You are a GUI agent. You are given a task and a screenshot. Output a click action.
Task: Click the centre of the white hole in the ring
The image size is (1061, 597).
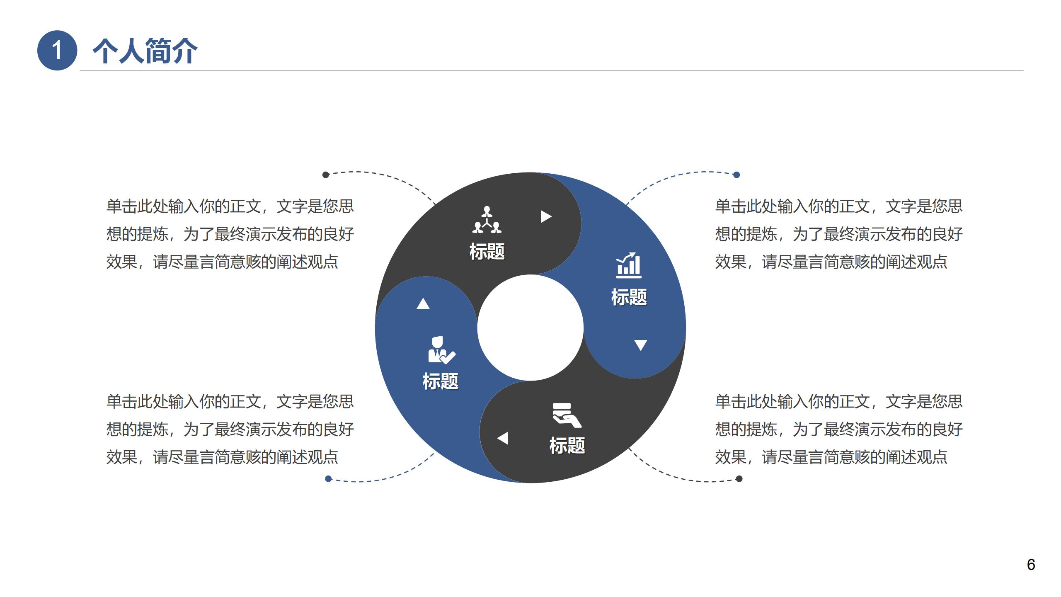pos(530,328)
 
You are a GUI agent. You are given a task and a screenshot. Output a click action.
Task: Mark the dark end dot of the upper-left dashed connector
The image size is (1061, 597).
pos(326,175)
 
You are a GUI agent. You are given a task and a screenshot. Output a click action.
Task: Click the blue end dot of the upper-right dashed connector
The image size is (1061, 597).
pos(736,175)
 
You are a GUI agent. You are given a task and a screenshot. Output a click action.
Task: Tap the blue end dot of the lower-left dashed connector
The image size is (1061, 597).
pos(329,479)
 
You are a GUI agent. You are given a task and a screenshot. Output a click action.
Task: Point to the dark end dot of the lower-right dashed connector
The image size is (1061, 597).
pos(739,479)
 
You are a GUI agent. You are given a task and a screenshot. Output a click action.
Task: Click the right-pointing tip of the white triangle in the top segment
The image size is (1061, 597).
pos(552,216)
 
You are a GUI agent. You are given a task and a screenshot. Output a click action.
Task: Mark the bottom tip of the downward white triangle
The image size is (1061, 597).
pos(641,351)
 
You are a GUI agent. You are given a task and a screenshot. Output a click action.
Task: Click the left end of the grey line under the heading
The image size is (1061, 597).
pos(80,70)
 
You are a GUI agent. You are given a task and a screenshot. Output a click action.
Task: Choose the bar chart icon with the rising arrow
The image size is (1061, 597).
pos(629,265)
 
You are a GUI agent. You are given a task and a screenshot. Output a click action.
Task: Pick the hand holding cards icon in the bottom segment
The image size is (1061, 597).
pos(567,415)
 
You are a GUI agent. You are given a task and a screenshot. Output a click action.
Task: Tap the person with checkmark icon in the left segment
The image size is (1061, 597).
pos(441,350)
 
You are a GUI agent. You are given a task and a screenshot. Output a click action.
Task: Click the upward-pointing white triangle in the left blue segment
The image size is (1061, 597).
pos(423,303)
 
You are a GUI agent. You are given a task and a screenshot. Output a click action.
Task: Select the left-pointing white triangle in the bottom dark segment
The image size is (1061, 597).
pos(503,438)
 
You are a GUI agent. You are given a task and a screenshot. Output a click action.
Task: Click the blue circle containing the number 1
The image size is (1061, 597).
pos(57,51)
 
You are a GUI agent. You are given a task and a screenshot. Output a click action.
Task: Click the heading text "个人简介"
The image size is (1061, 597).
pos(145,51)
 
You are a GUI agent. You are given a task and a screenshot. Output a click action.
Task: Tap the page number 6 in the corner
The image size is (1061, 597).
pos(1031,565)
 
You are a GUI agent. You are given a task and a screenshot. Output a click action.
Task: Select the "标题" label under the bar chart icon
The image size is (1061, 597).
pos(629,297)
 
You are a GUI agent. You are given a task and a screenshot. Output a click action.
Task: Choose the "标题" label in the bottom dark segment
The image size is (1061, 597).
pos(567,446)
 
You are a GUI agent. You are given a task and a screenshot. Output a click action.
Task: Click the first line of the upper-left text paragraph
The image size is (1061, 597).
pos(230,206)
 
